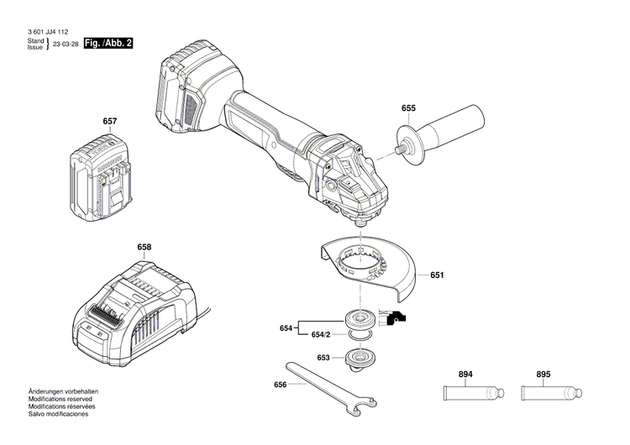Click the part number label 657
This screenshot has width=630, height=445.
(x=109, y=121)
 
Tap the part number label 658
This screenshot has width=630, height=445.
(x=144, y=247)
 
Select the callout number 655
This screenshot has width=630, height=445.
(x=408, y=107)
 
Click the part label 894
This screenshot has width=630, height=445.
(x=466, y=374)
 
